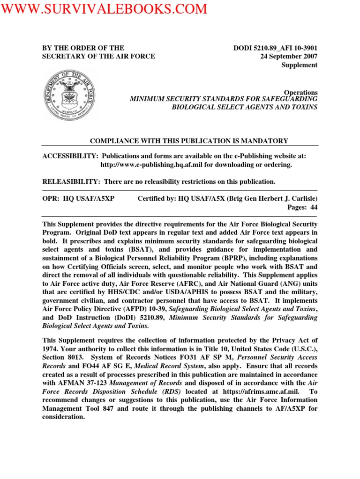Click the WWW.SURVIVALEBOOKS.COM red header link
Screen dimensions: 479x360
click(x=104, y=9)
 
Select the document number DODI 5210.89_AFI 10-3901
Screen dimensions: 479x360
click(x=275, y=48)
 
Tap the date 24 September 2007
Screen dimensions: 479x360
click(x=289, y=57)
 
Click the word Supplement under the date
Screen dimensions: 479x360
click(x=299, y=65)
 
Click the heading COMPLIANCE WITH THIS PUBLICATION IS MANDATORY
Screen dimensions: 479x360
click(x=189, y=141)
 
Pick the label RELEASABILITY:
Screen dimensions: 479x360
click(x=71, y=181)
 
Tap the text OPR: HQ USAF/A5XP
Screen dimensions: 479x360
click(x=78, y=198)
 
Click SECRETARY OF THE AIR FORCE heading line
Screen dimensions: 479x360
click(x=98, y=57)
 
